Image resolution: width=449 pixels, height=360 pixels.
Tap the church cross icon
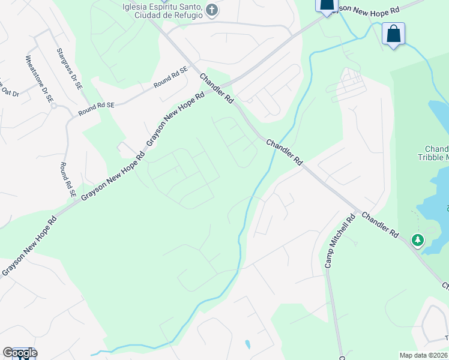point(211,10)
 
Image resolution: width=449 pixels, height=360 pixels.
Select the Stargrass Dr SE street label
point(68,70)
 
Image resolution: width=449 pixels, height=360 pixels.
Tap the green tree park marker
point(417,240)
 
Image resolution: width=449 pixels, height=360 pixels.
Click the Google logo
point(19,353)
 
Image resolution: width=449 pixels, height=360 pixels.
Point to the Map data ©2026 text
point(423,355)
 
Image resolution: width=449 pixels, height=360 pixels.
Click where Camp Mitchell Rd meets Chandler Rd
point(360,212)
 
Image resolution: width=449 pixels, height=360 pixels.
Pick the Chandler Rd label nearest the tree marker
point(380,225)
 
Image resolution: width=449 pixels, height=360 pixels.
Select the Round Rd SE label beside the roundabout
point(95,108)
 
